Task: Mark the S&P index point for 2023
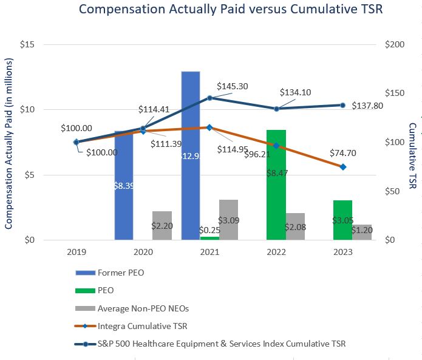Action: click(342, 105)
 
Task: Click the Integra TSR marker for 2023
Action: click(342, 167)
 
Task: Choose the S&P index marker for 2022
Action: click(276, 109)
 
